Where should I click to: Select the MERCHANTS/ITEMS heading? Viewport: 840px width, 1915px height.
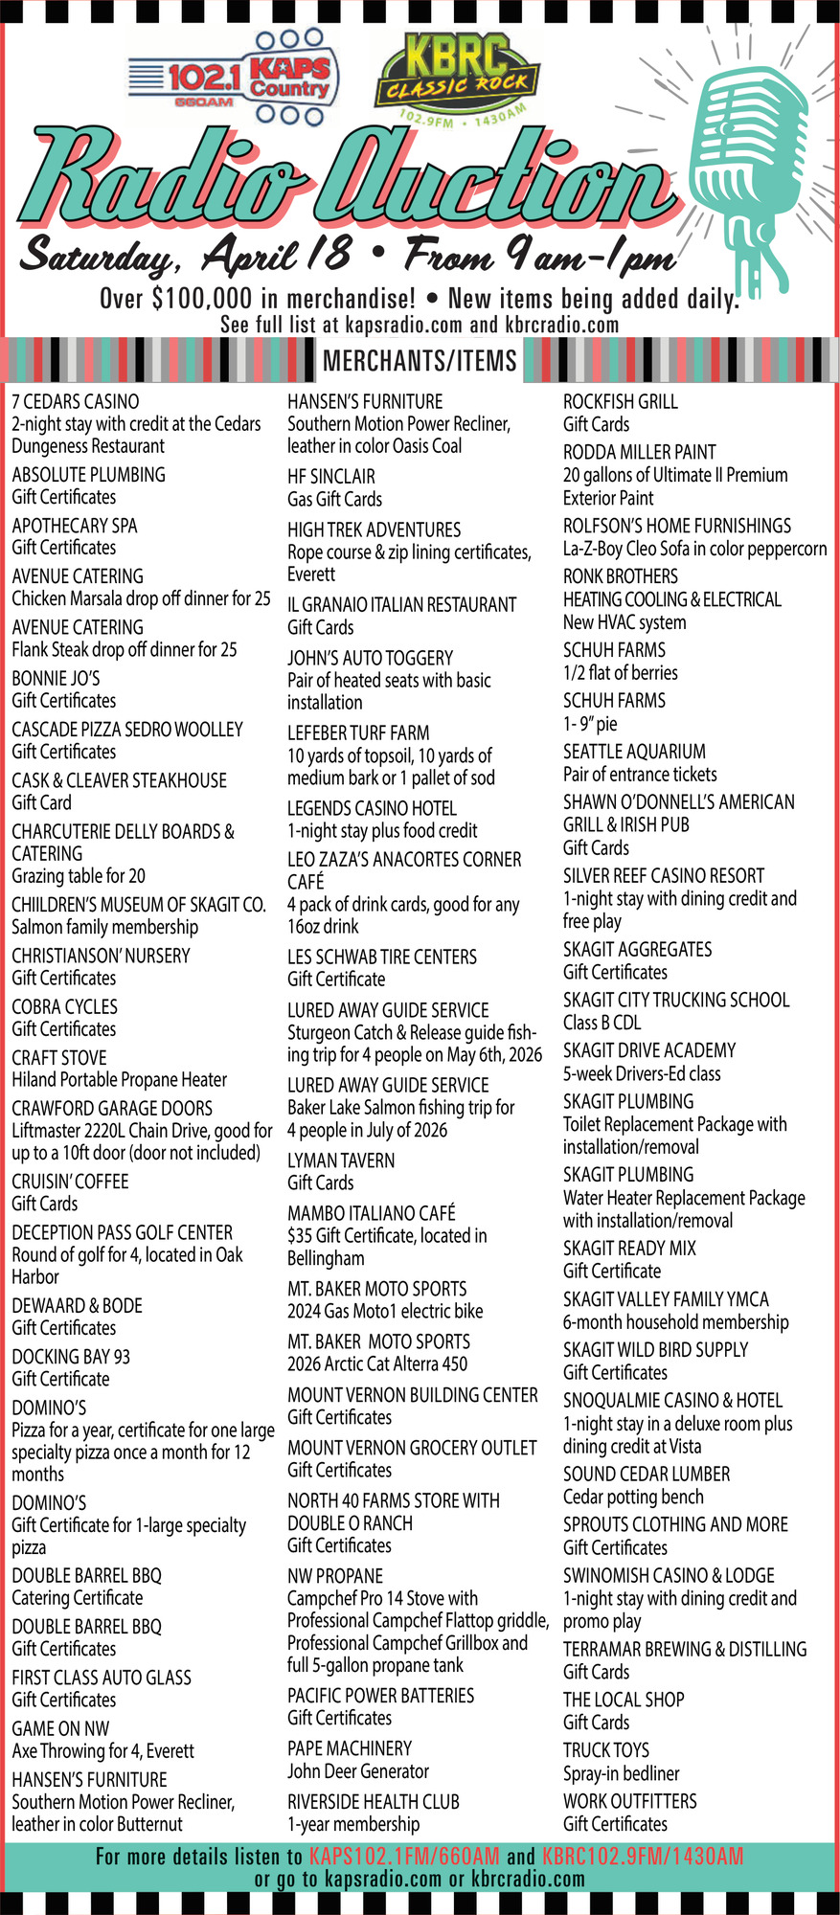click(x=420, y=360)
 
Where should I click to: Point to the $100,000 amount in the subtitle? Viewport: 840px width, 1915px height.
click(x=202, y=299)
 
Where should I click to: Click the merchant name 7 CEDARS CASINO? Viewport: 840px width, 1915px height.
click(x=75, y=401)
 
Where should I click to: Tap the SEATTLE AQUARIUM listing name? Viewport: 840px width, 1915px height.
click(x=634, y=752)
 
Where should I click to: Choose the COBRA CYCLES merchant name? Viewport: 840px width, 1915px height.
click(x=64, y=1006)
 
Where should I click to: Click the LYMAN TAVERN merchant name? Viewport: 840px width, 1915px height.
click(x=341, y=1160)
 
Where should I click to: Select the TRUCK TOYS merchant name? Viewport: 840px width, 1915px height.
click(x=605, y=1750)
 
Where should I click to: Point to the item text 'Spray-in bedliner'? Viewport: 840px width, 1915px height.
click(x=621, y=1773)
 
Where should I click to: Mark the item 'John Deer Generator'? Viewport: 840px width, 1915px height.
click(x=358, y=1771)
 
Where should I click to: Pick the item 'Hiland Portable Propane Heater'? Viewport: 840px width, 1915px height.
click(x=119, y=1080)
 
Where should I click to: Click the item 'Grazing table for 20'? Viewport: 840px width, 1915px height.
click(x=79, y=876)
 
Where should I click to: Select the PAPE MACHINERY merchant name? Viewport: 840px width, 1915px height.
click(x=350, y=1748)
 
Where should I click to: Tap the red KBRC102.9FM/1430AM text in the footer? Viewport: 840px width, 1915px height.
click(x=642, y=1857)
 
